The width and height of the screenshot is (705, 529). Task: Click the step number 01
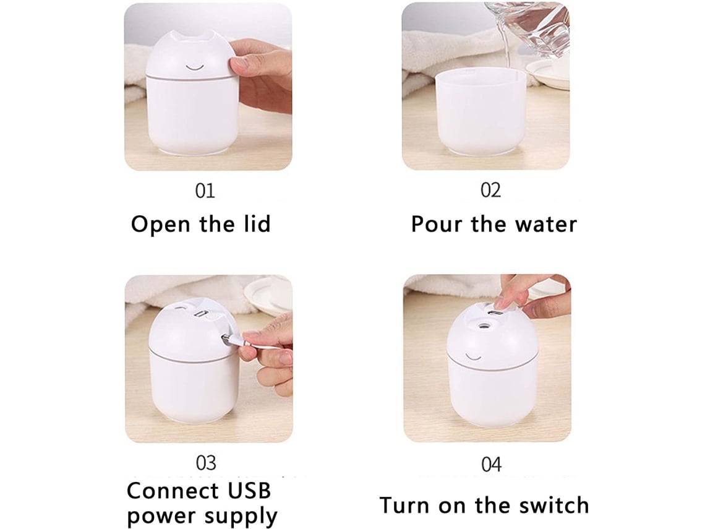coord(205,191)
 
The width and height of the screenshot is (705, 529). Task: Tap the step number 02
coord(490,191)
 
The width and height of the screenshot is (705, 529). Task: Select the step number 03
coord(206,463)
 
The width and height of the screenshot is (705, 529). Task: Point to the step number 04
coord(491,464)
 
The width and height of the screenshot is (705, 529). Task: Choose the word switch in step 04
coord(554,505)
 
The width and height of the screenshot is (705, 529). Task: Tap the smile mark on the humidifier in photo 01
coord(195,68)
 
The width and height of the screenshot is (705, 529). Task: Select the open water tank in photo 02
coord(481,113)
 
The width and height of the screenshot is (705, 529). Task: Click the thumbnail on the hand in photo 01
coord(236,66)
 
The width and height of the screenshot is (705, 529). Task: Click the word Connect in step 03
coord(173,490)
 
